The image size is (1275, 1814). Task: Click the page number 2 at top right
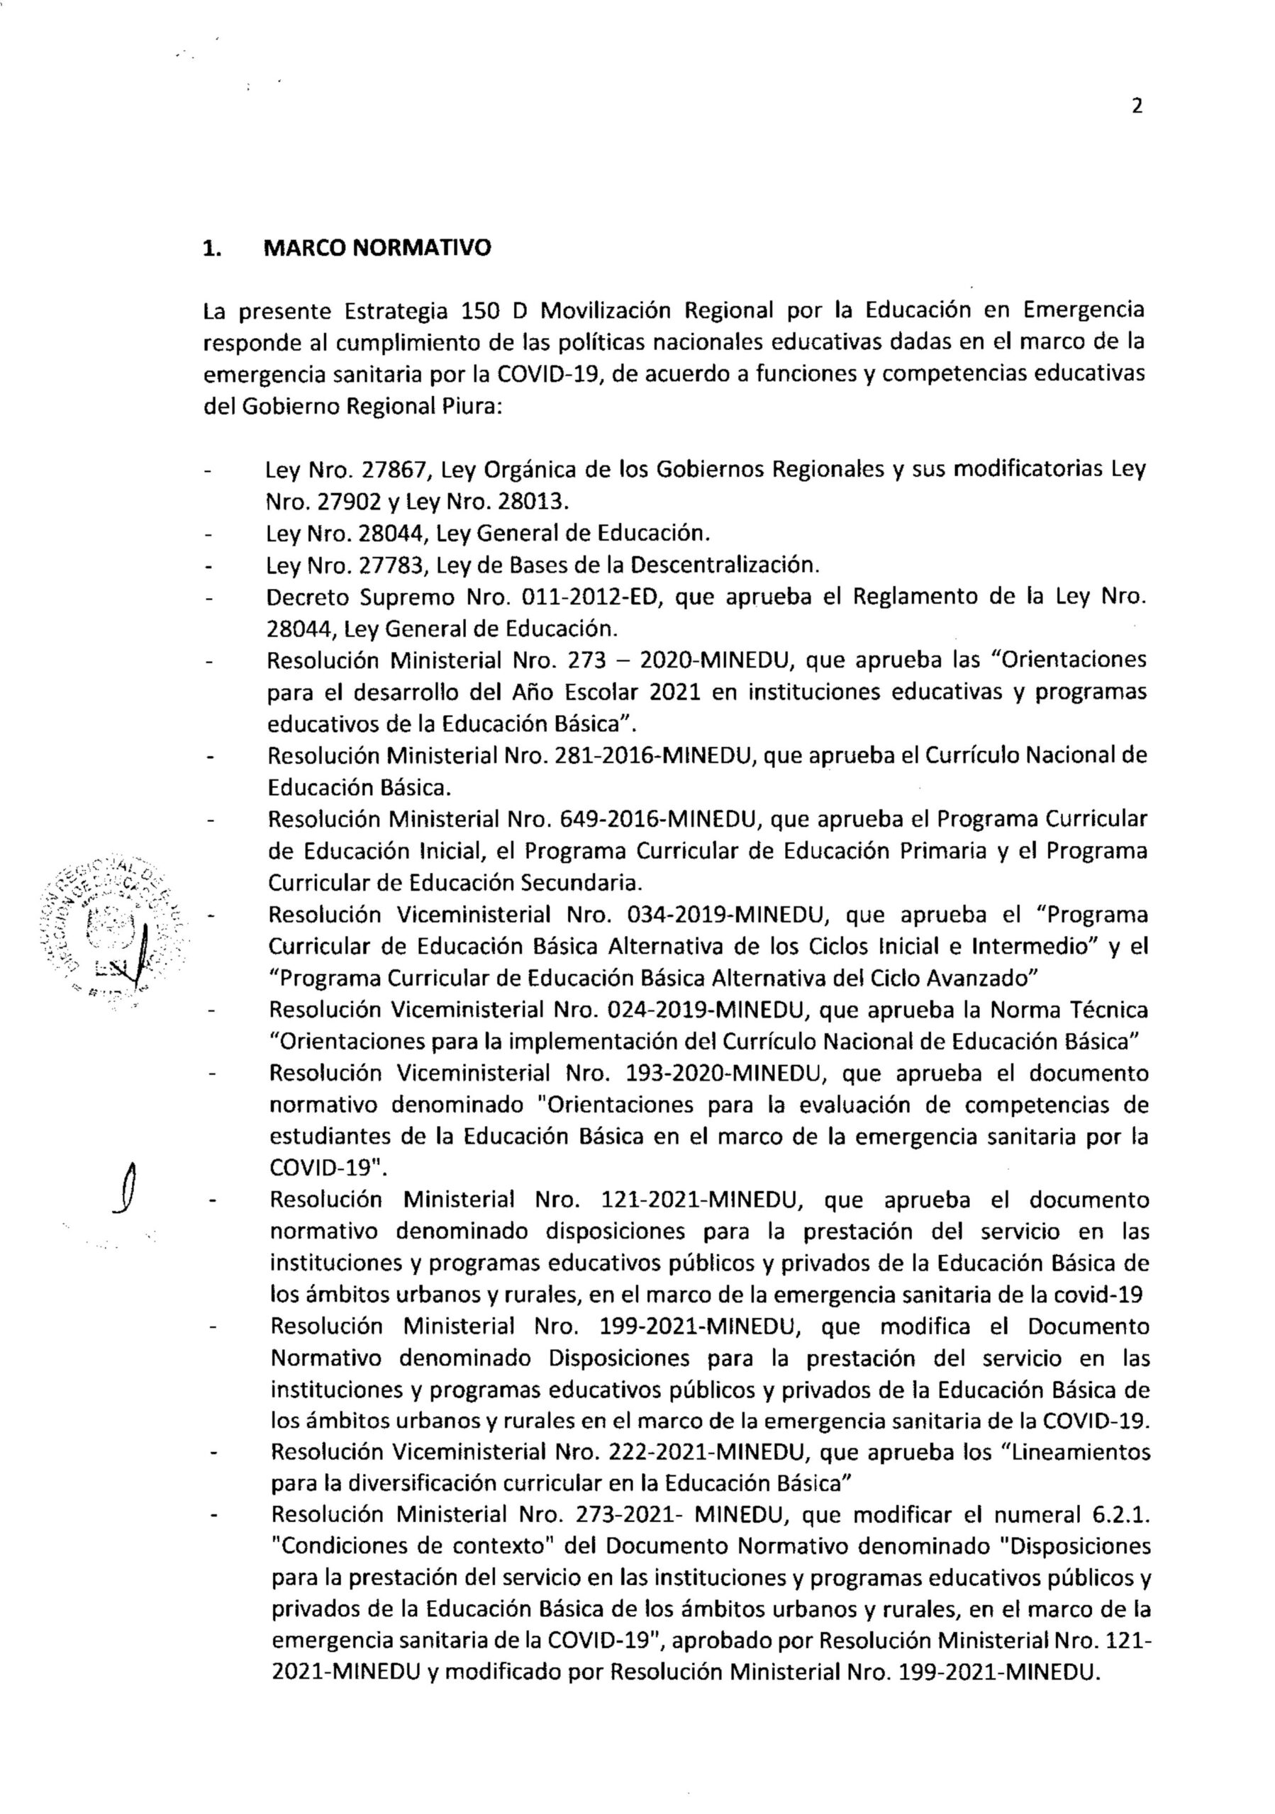point(1137,107)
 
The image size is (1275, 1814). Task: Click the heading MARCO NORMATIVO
point(377,248)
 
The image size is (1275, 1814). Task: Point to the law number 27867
point(394,469)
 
